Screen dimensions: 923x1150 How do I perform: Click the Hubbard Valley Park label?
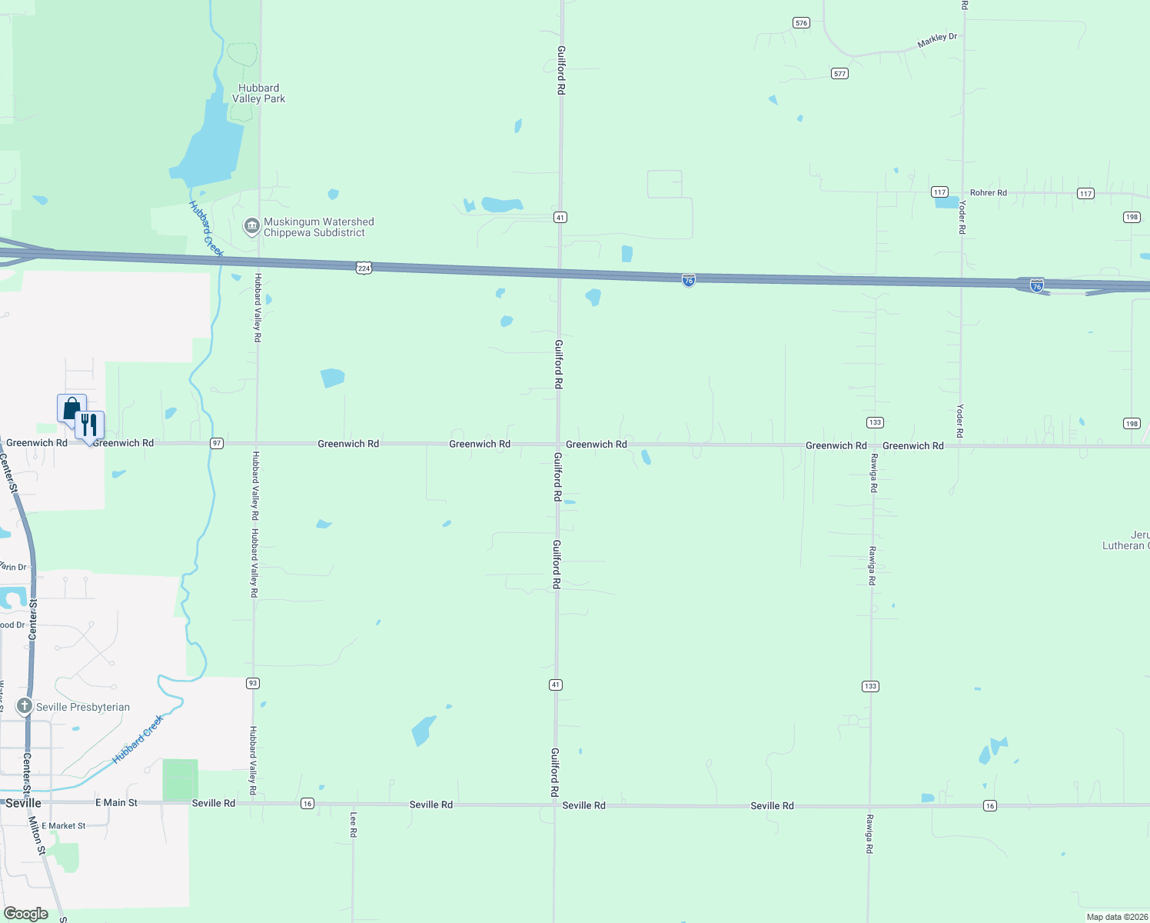[x=259, y=93]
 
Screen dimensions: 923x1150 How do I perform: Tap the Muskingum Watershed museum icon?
[x=251, y=226]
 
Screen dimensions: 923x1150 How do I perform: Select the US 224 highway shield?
[x=364, y=268]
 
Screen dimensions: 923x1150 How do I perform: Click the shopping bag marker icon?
[x=71, y=408]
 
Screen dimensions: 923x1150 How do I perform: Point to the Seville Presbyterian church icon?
[x=25, y=706]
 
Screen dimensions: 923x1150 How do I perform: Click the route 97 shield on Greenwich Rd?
[x=218, y=444]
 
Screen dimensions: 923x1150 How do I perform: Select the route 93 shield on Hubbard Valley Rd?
[x=253, y=683]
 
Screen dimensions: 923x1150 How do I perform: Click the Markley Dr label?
[x=937, y=40]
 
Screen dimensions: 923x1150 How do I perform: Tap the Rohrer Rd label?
[x=988, y=193]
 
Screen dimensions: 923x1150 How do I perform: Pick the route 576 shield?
[x=802, y=23]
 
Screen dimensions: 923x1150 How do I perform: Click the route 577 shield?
[x=839, y=74]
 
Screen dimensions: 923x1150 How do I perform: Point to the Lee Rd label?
[x=354, y=825]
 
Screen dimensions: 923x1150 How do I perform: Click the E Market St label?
[x=64, y=826]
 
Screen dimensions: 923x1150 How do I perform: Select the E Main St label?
[x=116, y=803]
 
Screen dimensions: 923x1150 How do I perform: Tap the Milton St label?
[x=37, y=836]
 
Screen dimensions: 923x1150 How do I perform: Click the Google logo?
[x=26, y=914]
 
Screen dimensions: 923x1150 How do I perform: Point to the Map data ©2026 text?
[x=1116, y=917]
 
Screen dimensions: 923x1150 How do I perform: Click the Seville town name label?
[x=23, y=803]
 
